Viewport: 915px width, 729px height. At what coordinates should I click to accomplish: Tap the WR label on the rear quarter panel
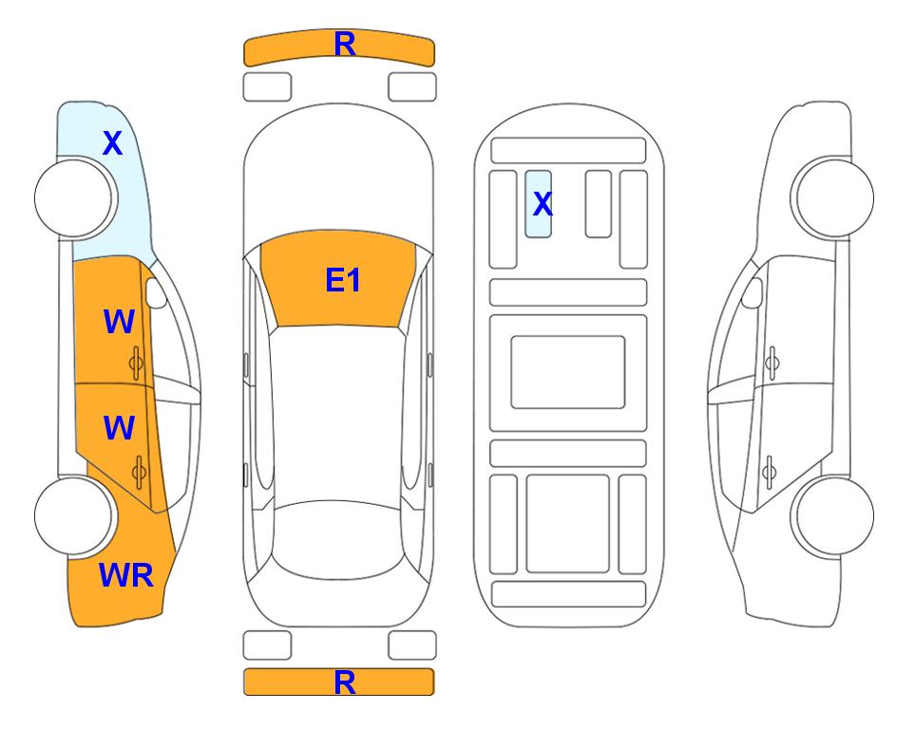coord(126,575)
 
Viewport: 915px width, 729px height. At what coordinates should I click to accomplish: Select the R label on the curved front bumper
coord(345,45)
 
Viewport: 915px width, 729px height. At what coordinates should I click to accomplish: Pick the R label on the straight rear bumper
coord(345,682)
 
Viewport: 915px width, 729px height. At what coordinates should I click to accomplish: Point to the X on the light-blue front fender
coord(113,143)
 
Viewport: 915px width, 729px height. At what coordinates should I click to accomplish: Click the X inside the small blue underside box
coord(543,203)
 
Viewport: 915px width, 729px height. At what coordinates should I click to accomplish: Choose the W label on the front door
coord(119,322)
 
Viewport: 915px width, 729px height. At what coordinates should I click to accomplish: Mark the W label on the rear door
coord(119,427)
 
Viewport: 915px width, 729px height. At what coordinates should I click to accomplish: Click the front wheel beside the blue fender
coord(73,198)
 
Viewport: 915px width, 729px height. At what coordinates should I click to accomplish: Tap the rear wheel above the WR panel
coord(73,515)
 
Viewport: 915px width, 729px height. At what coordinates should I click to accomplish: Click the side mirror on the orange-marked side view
coord(156,292)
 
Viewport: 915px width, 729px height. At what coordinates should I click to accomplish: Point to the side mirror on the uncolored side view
coord(752,292)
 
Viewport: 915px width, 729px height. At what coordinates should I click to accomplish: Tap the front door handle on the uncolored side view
coord(772,363)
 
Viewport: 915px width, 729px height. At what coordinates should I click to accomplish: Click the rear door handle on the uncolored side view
coord(770,472)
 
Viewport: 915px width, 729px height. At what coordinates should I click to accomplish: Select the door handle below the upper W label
coord(137,363)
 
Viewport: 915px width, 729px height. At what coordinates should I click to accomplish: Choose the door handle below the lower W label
coord(139,472)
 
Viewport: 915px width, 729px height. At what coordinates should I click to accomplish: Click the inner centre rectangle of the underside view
coord(568,372)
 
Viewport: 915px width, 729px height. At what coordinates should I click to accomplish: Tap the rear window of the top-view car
coord(338,539)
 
